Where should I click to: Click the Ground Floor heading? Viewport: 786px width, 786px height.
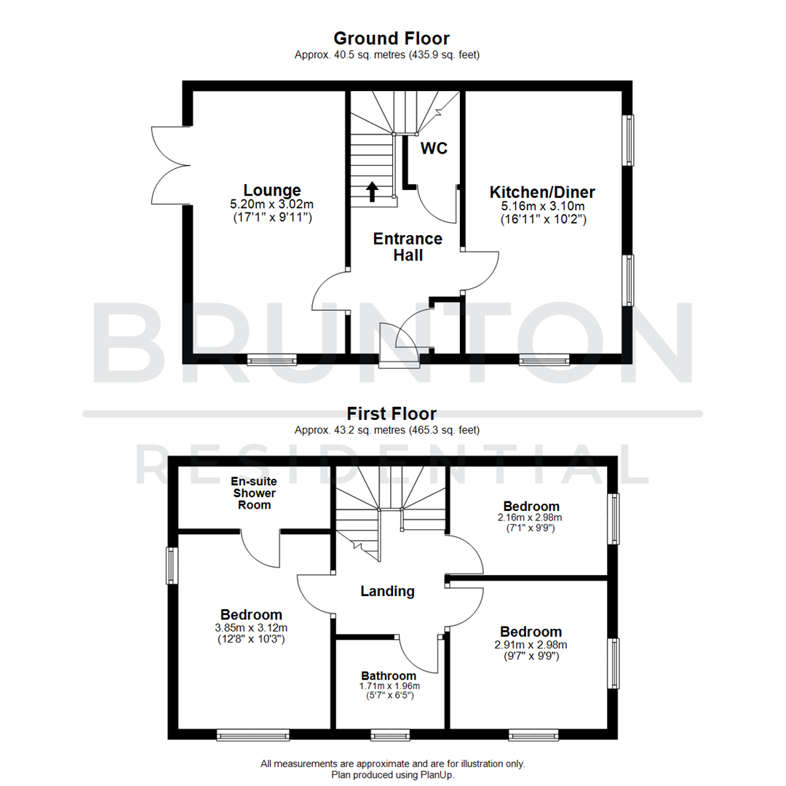click(x=391, y=39)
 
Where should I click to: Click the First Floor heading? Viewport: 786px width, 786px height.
click(x=392, y=414)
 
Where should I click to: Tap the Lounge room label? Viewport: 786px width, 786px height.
click(x=272, y=191)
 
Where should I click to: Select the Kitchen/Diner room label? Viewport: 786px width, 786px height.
click(x=542, y=192)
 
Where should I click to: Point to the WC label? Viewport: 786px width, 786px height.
click(x=434, y=148)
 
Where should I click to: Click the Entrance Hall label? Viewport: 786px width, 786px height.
click(x=408, y=247)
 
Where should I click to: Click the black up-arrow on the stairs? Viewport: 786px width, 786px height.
click(x=372, y=191)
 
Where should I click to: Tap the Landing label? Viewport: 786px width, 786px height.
click(x=387, y=591)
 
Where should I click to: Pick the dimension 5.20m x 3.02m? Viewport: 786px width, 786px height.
click(x=272, y=205)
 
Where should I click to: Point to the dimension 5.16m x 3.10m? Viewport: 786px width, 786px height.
click(x=542, y=206)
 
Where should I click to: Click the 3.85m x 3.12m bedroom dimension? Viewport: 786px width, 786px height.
click(x=251, y=628)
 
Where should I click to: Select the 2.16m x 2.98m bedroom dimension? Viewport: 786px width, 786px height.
click(x=531, y=517)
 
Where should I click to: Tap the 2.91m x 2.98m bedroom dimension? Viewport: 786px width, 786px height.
click(x=531, y=644)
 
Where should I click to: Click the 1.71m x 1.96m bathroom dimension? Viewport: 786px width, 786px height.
click(x=389, y=686)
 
